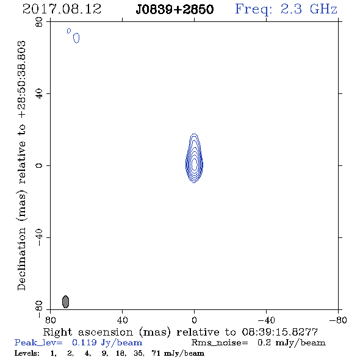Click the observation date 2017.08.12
(x=62, y=9)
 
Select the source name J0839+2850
(x=175, y=9)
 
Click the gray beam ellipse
(x=66, y=301)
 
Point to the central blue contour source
(x=194, y=159)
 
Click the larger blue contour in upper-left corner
(x=76, y=38)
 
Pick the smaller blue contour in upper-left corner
(x=69, y=31)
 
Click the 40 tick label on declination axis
(x=39, y=94)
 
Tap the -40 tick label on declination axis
(x=39, y=237)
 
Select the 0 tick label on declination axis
(x=39, y=165)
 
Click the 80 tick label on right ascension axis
(x=50, y=320)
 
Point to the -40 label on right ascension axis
(x=266, y=320)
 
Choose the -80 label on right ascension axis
(x=338, y=320)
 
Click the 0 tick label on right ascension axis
(x=194, y=320)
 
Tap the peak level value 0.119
(x=84, y=342)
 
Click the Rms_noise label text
(x=220, y=343)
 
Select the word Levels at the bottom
(x=27, y=353)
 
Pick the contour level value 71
(x=156, y=353)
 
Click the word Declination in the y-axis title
(x=21, y=259)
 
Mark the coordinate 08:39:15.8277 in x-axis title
(x=279, y=332)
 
